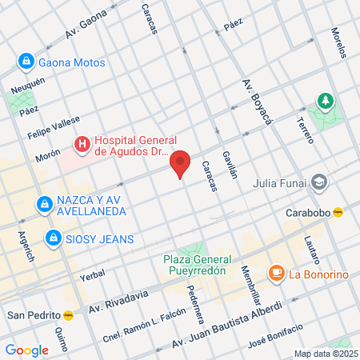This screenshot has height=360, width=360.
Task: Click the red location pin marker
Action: pos(181,162)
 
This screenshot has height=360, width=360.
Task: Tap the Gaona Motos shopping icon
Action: pos(26,62)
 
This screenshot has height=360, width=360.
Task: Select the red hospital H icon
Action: pos(82,144)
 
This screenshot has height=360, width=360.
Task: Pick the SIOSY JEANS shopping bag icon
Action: pos(54,238)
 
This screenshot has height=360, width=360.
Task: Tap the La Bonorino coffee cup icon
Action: pos(276,274)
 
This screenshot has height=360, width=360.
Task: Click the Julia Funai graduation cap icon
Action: pos(320,182)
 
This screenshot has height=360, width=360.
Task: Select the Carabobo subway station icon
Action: pos(338,212)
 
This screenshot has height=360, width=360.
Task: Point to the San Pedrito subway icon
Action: pos(69,314)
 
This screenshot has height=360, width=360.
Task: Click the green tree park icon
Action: pos(325,101)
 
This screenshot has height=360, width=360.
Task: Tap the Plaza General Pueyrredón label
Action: pos(198,265)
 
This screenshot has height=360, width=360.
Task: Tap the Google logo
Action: pos(26,350)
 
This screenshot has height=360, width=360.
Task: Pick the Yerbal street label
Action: pos(93,274)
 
